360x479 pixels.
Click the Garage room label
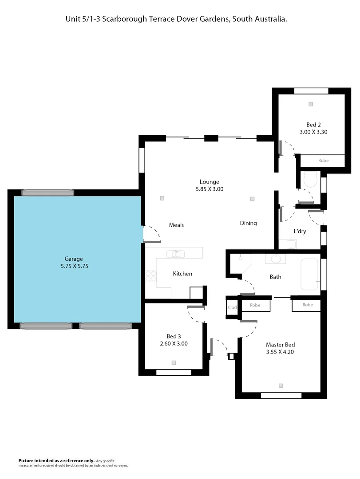coord(74,259)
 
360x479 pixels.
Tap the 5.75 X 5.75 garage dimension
coord(74,267)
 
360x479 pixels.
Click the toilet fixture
coord(309,180)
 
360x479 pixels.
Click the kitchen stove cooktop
coord(151,276)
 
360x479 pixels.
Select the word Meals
coord(176,225)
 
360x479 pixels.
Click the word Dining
coord(248,223)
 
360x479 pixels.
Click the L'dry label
coord(300,232)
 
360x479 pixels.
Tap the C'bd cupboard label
coord(231,307)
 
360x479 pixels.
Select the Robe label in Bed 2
coord(323,161)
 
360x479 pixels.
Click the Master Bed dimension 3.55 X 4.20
coord(280,352)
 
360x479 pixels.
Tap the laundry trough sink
coord(291,244)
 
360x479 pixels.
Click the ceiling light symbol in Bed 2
coord(311,104)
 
